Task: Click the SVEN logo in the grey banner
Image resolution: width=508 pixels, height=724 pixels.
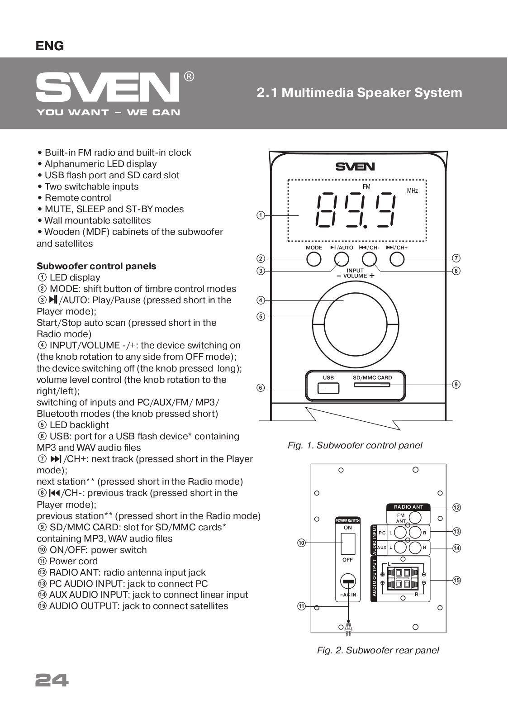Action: coord(108,87)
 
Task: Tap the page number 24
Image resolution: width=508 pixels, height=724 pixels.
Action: coord(52,680)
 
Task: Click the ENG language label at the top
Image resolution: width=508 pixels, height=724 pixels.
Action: coord(50,46)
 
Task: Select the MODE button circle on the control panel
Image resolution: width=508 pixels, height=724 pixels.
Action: coord(313,259)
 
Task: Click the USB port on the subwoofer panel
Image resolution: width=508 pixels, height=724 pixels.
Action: coord(328,388)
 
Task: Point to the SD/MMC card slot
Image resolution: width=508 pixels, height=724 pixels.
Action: coord(371,385)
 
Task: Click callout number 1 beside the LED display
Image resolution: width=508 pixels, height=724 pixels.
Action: coord(261,215)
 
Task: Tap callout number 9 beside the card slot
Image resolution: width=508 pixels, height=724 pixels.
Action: coord(456,384)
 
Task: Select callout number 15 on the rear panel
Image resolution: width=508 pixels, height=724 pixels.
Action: coord(456,580)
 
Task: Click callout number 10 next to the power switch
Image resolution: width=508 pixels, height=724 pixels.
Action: coord(302,543)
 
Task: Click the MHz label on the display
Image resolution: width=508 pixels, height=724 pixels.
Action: coord(412,191)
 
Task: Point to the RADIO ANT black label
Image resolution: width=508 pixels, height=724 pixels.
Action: coord(408,507)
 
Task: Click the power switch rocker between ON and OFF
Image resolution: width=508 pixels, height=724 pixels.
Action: coord(348,543)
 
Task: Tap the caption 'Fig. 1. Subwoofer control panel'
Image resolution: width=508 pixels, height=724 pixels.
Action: coord(355,445)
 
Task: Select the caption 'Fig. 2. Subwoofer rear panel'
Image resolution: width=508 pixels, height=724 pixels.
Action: coord(378,650)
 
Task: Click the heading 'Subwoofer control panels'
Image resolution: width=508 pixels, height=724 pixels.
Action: coord(96,266)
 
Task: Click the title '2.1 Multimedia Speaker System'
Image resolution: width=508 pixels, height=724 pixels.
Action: coord(359,93)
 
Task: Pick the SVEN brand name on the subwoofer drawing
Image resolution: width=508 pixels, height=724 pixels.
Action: coord(355,167)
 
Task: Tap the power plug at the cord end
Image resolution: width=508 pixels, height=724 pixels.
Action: coord(348,627)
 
